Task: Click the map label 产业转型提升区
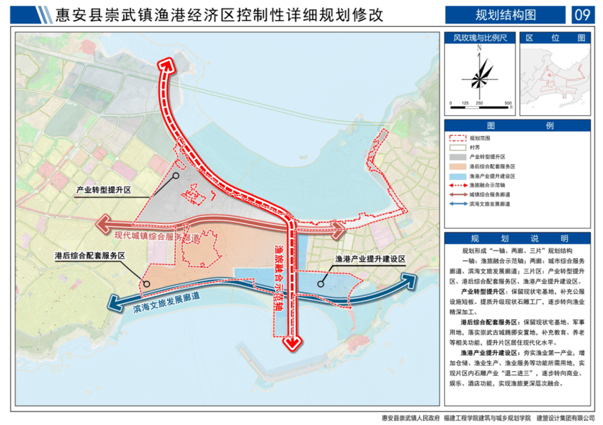coord(104,190)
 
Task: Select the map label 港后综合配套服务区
coord(89,255)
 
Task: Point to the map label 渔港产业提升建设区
coord(370,259)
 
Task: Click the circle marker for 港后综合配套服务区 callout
coord(147,284)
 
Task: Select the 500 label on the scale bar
coord(508,104)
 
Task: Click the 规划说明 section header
coord(517,238)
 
